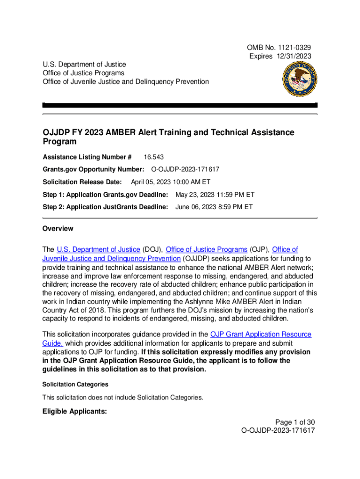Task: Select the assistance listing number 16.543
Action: click(153, 157)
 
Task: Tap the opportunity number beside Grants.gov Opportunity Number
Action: click(185, 169)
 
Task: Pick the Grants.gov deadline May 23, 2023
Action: click(215, 194)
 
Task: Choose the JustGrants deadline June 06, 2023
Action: click(214, 206)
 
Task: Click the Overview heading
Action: click(58, 229)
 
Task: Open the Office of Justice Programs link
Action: click(207, 249)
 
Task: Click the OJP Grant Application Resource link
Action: click(260, 334)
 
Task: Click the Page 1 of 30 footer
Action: click(295, 421)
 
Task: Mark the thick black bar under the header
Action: click(180, 105)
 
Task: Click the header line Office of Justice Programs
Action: click(83, 73)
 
